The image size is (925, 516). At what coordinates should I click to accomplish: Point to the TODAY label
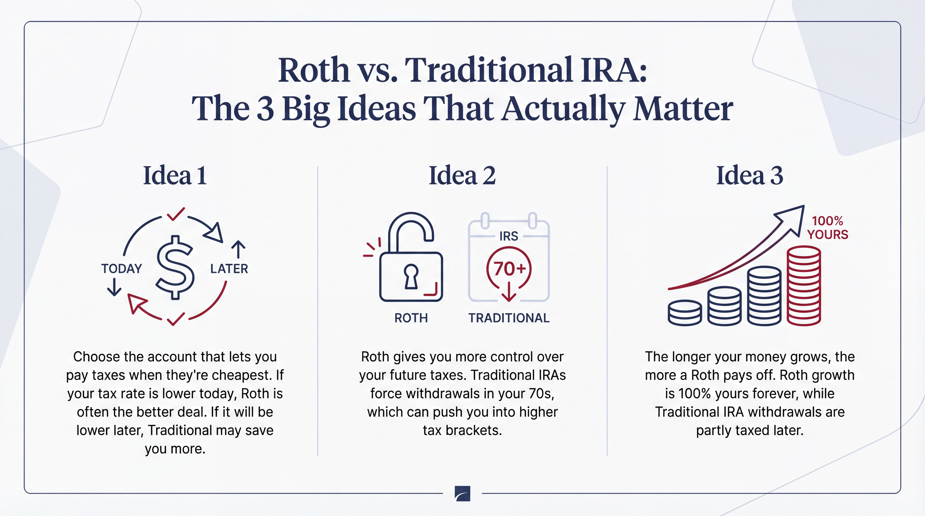pos(121,268)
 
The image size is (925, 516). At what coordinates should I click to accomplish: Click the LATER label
pos(229,268)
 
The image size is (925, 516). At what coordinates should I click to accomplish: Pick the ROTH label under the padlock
pos(411,318)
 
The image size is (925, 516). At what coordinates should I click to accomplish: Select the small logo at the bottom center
pos(462,493)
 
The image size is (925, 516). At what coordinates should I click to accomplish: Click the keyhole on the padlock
pos(411,276)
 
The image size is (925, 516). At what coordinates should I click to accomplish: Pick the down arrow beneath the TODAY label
pos(114,287)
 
